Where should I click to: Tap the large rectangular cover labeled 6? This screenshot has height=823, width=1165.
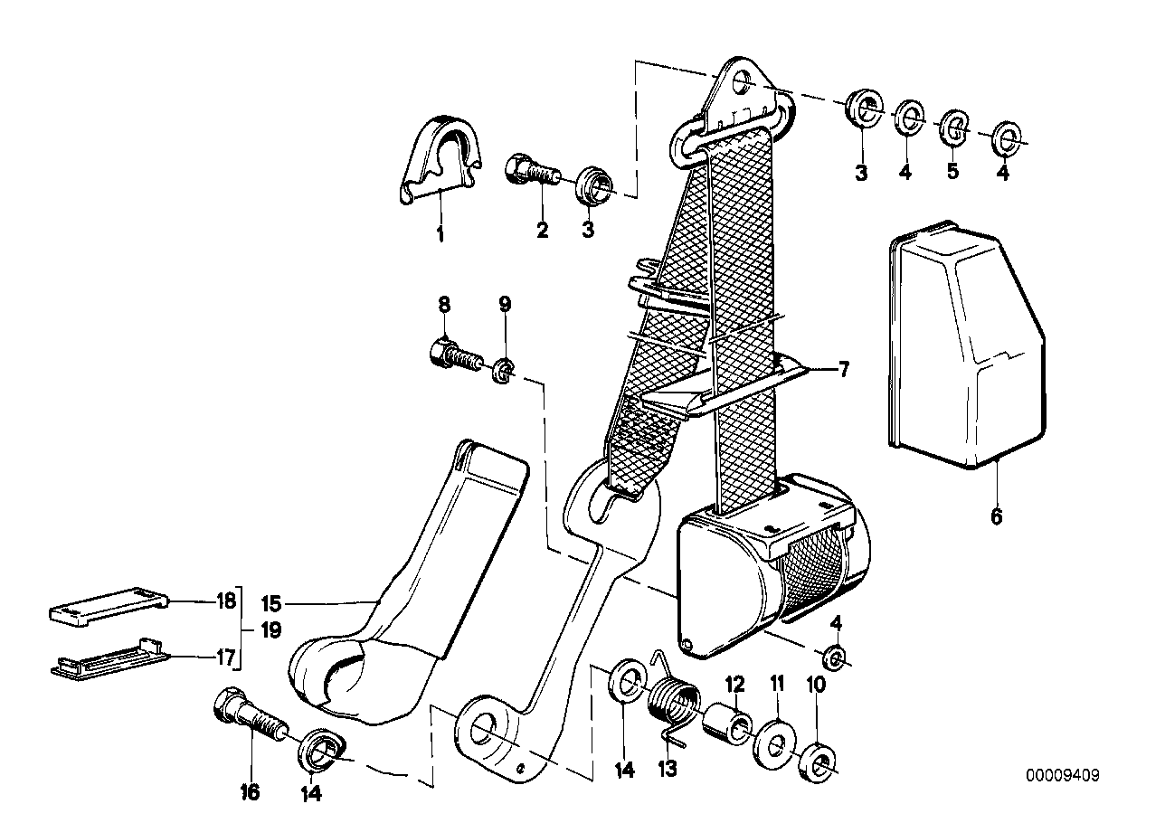point(964,344)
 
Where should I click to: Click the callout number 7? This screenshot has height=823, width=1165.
point(842,369)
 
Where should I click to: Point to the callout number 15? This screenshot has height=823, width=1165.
point(272,603)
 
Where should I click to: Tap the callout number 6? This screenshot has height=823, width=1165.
point(996,517)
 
